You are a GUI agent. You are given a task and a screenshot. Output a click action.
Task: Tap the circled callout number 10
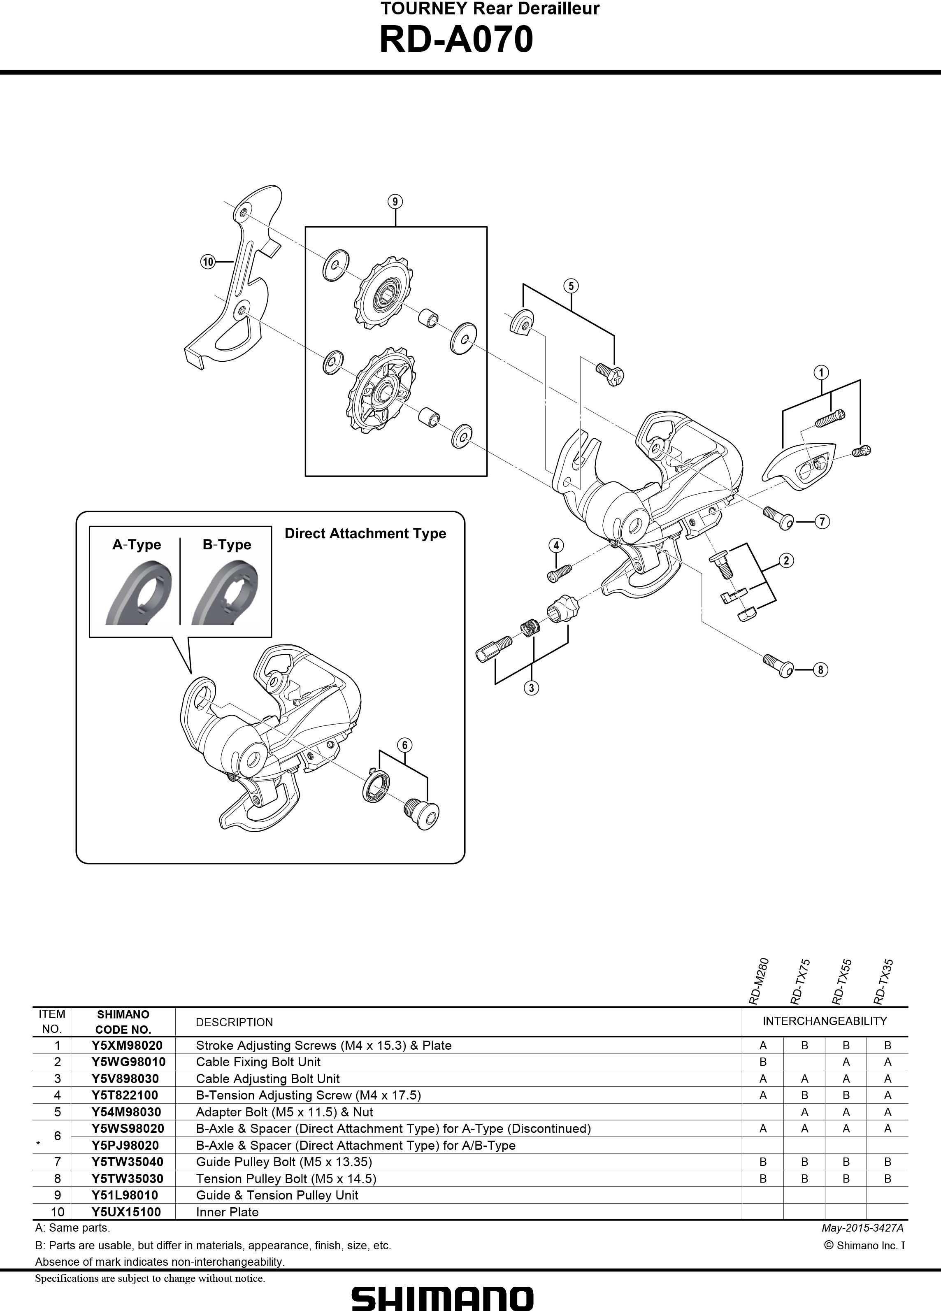(x=207, y=262)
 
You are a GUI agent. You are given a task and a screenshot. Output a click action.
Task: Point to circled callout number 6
(x=404, y=745)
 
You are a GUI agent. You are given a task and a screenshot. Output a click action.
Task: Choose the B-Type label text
(x=227, y=544)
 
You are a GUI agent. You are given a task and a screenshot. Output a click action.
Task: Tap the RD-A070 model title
(x=456, y=40)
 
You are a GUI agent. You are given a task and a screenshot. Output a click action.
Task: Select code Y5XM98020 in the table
(x=127, y=1045)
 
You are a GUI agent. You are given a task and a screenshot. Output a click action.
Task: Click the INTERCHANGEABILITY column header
(x=824, y=1021)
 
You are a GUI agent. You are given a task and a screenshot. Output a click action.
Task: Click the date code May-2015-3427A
(x=862, y=1228)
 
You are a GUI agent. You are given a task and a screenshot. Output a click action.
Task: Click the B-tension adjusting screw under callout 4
(x=559, y=572)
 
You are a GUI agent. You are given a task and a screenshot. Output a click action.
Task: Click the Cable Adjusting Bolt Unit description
(x=267, y=1079)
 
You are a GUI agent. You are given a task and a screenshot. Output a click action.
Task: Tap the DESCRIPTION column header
(x=234, y=1022)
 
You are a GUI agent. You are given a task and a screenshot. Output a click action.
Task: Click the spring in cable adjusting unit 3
(x=530, y=627)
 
